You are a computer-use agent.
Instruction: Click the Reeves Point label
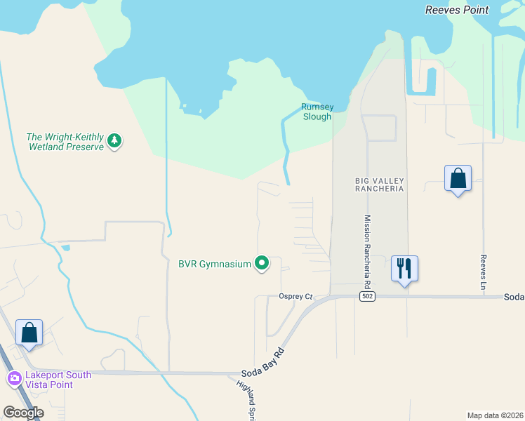(467, 10)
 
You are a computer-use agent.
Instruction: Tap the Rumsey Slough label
(317, 112)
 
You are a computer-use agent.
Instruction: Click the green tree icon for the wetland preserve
(114, 142)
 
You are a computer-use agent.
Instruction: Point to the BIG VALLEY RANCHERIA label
(379, 185)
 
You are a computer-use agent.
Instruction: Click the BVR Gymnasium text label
(215, 264)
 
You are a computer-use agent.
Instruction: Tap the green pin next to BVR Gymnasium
(262, 264)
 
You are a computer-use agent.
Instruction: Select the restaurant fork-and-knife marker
(404, 269)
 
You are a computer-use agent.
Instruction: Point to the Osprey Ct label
(295, 297)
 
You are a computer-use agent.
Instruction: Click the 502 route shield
(366, 297)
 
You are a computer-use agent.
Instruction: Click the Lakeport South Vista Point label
(59, 380)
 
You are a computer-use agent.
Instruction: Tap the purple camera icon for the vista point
(14, 380)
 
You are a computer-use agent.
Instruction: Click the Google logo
(24, 413)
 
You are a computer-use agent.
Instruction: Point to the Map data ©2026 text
(494, 415)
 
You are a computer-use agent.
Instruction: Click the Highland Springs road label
(248, 399)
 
